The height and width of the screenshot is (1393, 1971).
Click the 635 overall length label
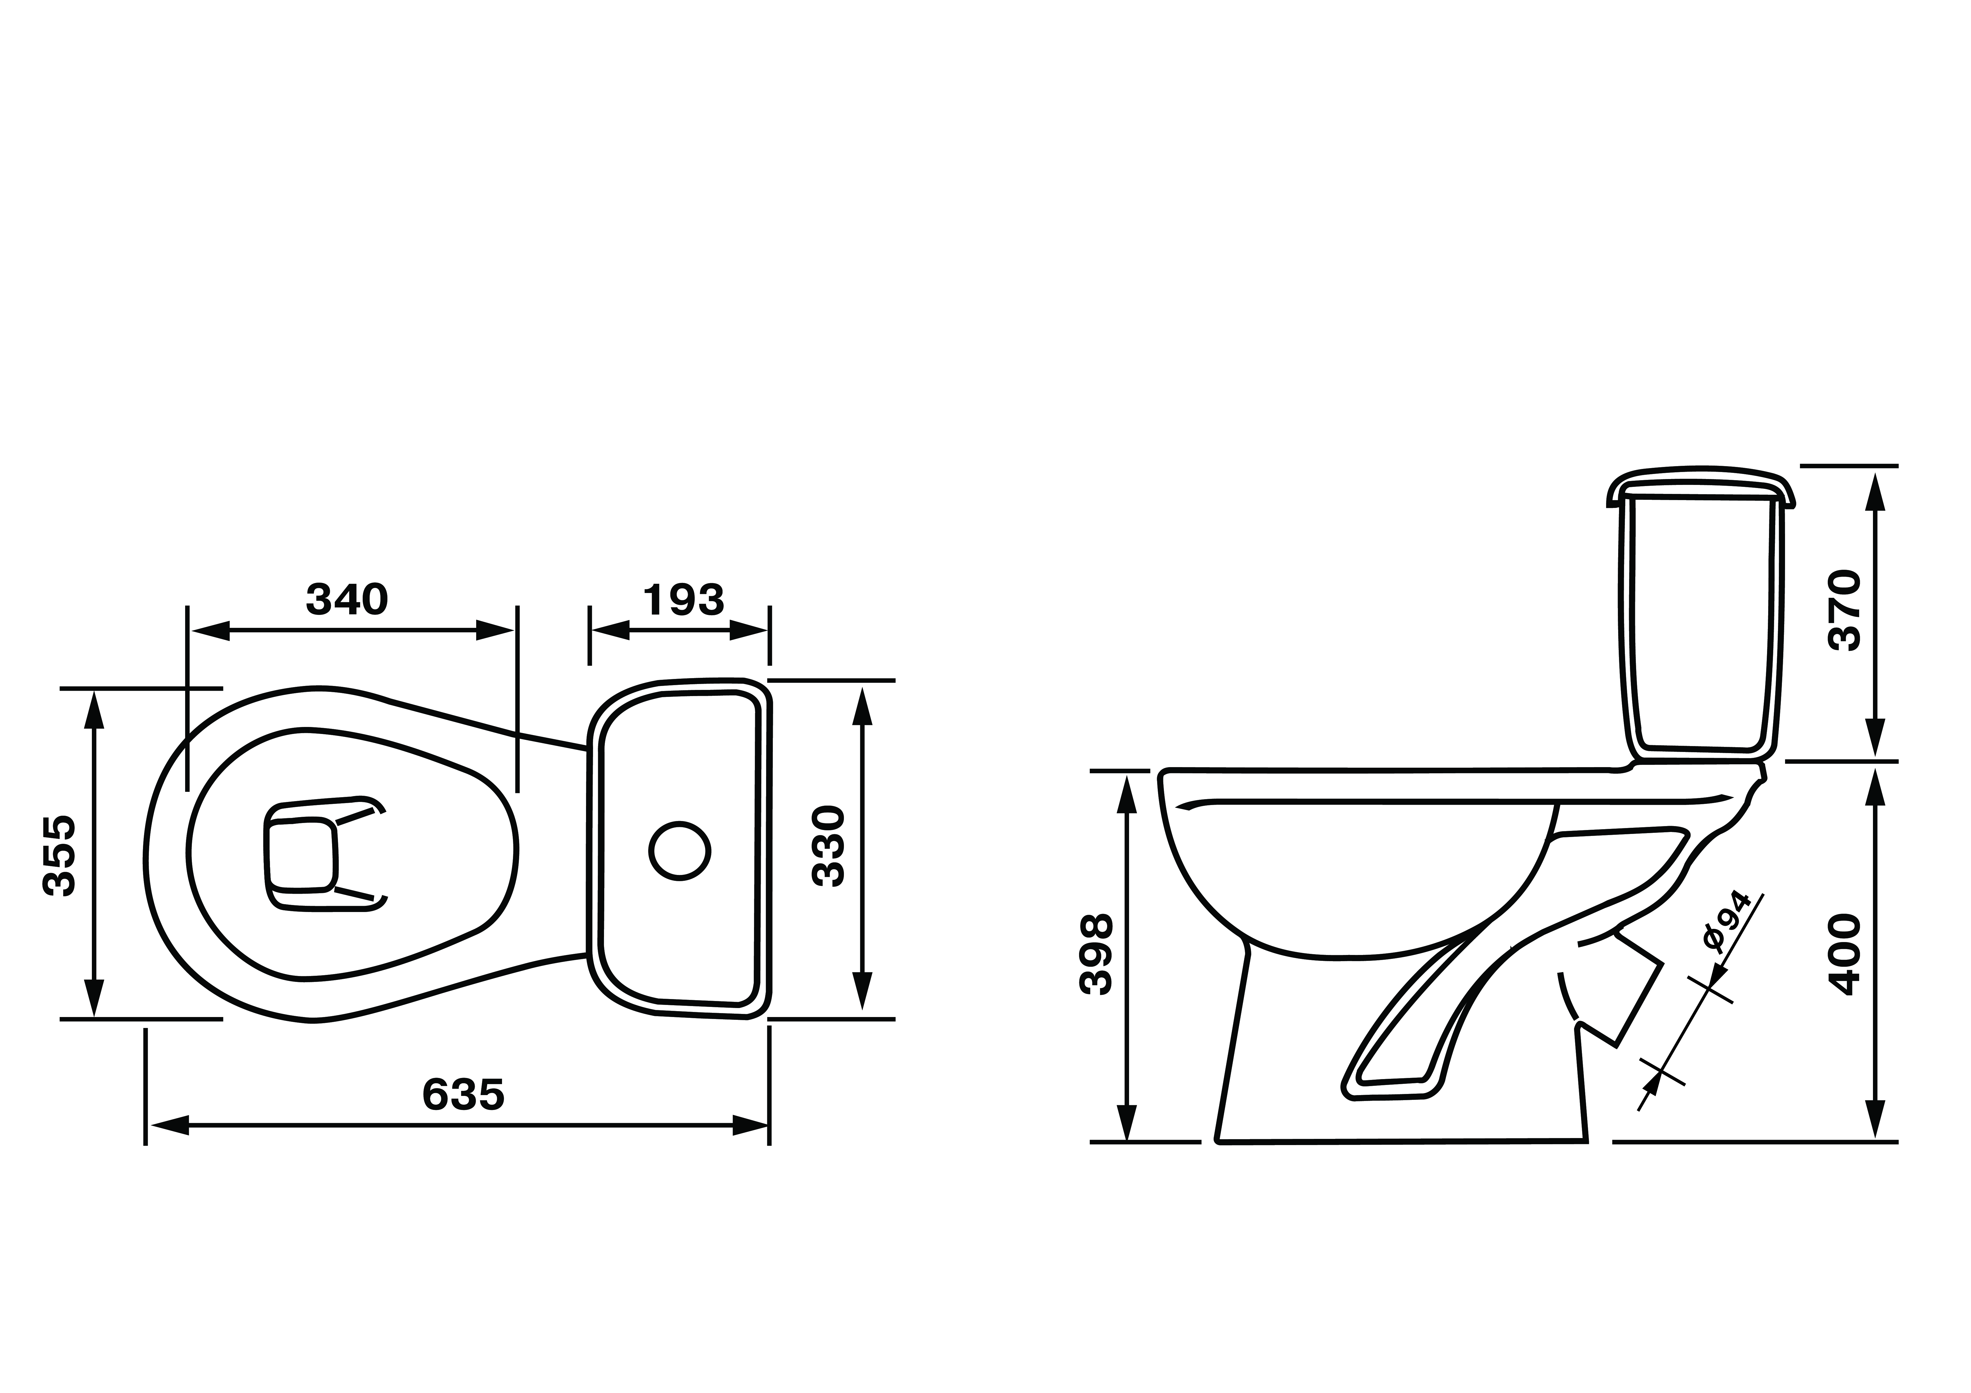coord(464,1094)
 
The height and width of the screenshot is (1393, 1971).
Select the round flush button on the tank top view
coord(680,851)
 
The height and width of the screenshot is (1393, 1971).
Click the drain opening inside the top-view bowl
coord(301,855)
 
